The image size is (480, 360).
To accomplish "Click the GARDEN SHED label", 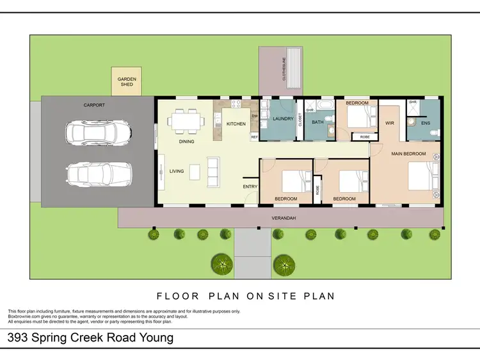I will [x=127, y=81].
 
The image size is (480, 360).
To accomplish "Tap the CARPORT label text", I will [x=94, y=104].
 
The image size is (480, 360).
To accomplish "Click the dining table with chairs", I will [x=184, y=120].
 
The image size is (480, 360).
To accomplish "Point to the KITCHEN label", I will [x=236, y=124].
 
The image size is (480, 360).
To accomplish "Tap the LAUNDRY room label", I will [x=282, y=119].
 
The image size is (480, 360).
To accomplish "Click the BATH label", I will [x=317, y=122].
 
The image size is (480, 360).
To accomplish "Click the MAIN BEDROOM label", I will [x=408, y=154].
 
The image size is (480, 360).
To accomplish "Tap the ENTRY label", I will [x=250, y=187].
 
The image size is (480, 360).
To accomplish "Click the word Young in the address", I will [x=156, y=338].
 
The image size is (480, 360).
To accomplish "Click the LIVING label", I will [x=177, y=171].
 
